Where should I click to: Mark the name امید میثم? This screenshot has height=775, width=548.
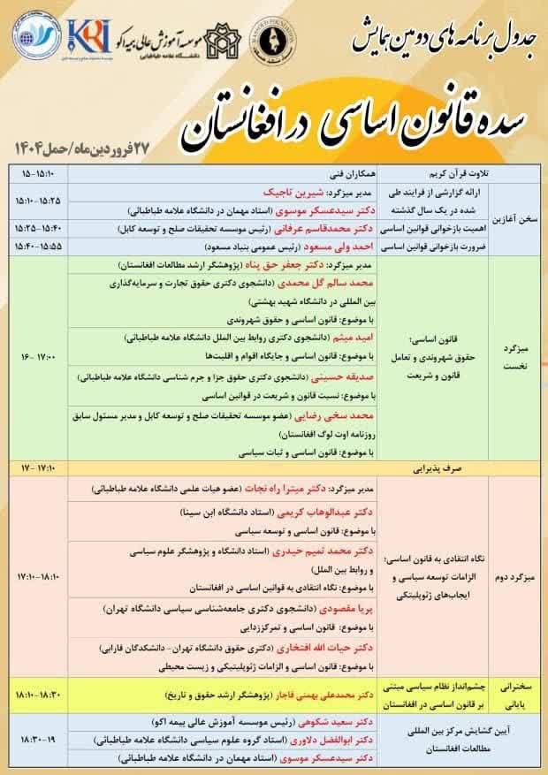(x=355, y=338)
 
